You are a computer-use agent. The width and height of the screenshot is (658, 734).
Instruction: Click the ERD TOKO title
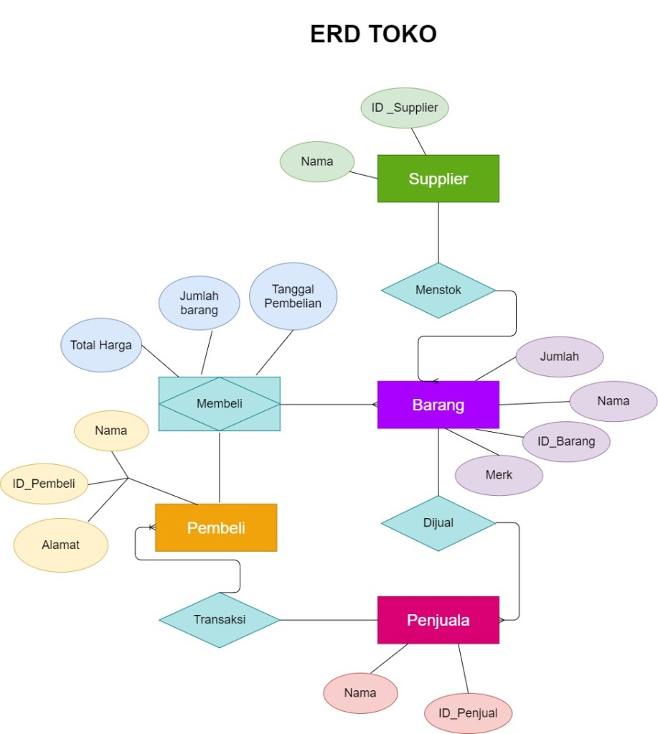pyautogui.click(x=373, y=34)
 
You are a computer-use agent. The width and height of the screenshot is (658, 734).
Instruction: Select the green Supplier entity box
pyautogui.click(x=438, y=179)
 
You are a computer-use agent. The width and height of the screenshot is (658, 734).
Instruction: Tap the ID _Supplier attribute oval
pyautogui.click(x=405, y=108)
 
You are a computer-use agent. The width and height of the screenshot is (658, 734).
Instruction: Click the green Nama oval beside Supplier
pyautogui.click(x=316, y=161)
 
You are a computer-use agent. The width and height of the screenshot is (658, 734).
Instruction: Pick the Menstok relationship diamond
pyautogui.click(x=438, y=291)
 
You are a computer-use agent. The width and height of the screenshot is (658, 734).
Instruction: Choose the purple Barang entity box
pyautogui.click(x=438, y=405)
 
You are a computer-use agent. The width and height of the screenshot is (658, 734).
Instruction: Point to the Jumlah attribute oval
pyautogui.click(x=559, y=355)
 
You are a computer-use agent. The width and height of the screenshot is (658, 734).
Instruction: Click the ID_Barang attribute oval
pyautogui.click(x=565, y=441)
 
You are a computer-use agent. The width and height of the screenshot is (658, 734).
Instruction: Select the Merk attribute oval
pyautogui.click(x=499, y=474)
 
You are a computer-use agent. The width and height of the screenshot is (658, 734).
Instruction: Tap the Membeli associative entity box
pyautogui.click(x=219, y=403)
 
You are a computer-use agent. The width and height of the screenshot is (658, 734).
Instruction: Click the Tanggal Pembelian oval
pyautogui.click(x=293, y=296)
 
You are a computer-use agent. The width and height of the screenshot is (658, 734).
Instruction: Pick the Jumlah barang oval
pyautogui.click(x=199, y=303)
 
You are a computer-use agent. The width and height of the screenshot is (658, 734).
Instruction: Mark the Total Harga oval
pyautogui.click(x=101, y=345)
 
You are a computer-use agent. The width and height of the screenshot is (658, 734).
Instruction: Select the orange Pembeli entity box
pyautogui.click(x=216, y=528)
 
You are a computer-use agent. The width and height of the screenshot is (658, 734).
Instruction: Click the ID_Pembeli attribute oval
pyautogui.click(x=44, y=483)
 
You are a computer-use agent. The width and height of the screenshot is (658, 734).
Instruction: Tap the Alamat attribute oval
pyautogui.click(x=60, y=545)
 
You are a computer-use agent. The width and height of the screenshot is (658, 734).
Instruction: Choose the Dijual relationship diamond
pyautogui.click(x=438, y=523)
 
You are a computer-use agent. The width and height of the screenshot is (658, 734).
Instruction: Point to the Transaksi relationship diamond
pyautogui.click(x=219, y=619)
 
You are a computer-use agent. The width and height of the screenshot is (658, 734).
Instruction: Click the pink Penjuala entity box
pyautogui.click(x=438, y=620)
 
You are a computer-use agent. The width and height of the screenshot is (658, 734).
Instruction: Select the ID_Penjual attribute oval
pyautogui.click(x=467, y=713)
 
